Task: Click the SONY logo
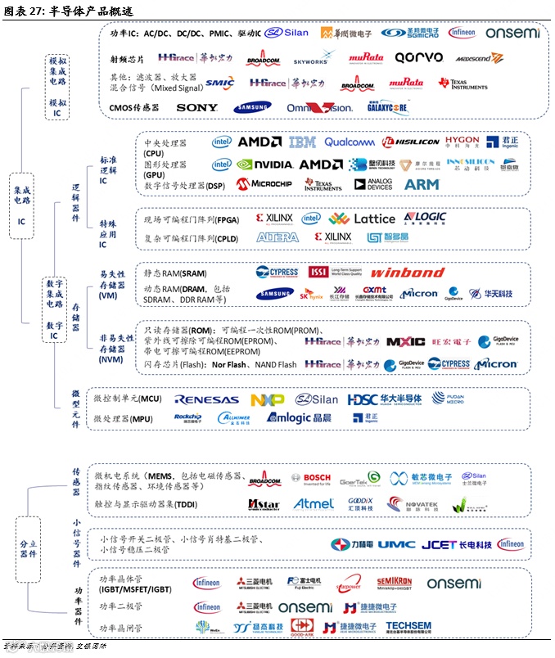(x=196, y=107)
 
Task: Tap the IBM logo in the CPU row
(x=302, y=142)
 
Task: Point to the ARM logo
(x=422, y=185)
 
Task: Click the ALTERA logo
(x=277, y=237)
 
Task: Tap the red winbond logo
(x=408, y=273)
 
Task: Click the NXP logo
(x=267, y=400)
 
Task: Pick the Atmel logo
(x=314, y=504)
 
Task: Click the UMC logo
(x=396, y=544)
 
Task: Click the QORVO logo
(x=418, y=58)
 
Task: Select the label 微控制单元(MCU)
(x=128, y=399)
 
